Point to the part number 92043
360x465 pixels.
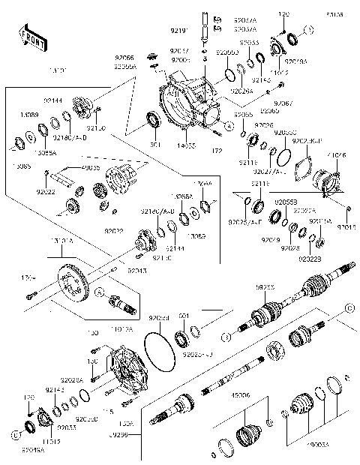(x=136, y=269)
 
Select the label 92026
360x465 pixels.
(x=263, y=125)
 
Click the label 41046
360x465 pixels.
(x=337, y=154)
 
